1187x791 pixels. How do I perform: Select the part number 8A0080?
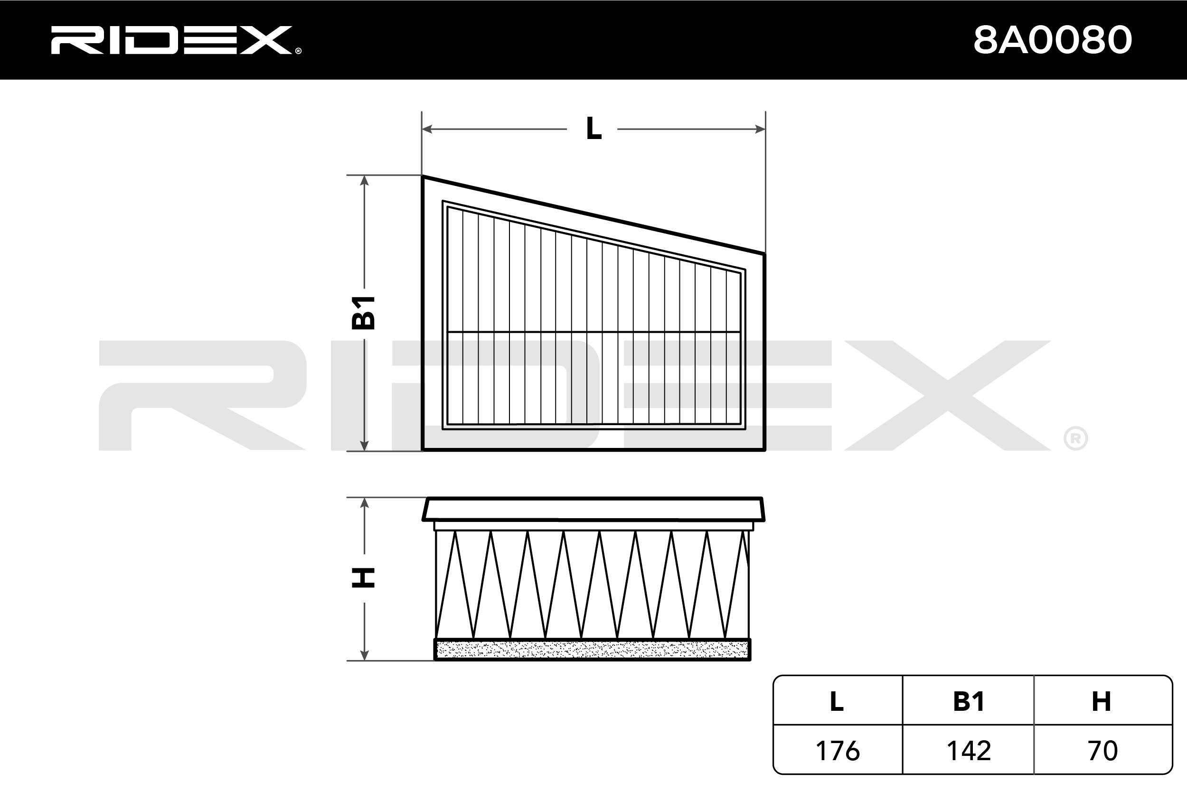click(1053, 40)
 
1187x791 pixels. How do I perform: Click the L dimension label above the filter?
click(593, 129)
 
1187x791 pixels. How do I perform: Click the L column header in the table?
click(837, 702)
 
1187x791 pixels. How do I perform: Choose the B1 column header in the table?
click(969, 702)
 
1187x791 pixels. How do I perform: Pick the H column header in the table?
click(1101, 702)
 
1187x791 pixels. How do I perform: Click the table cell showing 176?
click(837, 751)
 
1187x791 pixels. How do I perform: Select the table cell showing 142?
click(969, 751)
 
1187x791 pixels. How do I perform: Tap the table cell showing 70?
click(1102, 751)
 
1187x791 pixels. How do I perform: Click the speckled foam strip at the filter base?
click(593, 650)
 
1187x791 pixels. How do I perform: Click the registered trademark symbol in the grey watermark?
click(1075, 439)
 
